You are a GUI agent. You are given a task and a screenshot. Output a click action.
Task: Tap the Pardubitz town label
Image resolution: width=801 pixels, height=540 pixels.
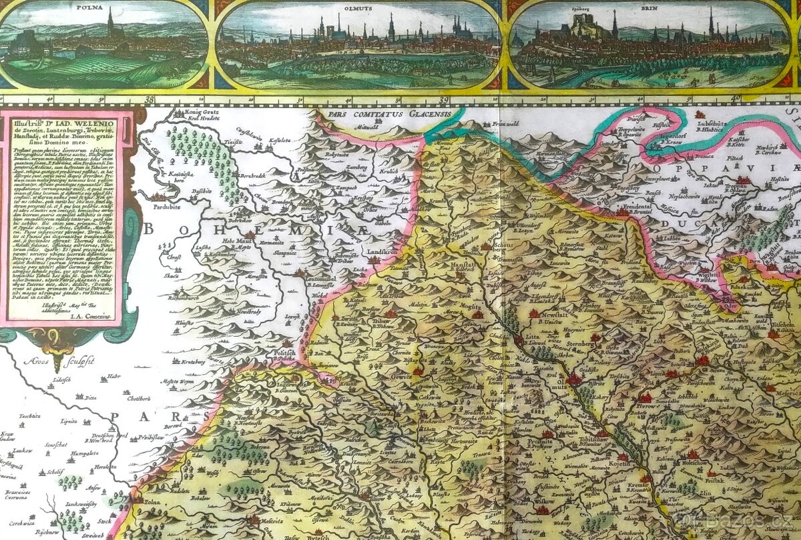click(158, 206)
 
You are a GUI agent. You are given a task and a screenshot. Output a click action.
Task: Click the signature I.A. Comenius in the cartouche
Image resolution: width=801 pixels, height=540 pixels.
click(93, 315)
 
